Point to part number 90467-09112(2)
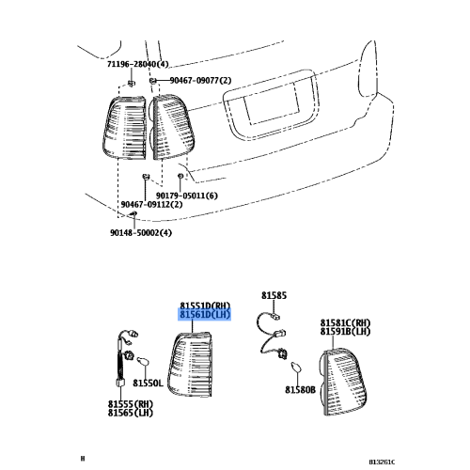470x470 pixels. (x=152, y=205)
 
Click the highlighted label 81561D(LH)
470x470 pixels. (x=205, y=316)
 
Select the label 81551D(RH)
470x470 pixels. (x=205, y=305)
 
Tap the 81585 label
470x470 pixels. (x=273, y=295)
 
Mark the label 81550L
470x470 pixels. (x=148, y=383)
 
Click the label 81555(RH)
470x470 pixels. (x=130, y=403)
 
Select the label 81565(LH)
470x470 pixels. (x=130, y=413)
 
